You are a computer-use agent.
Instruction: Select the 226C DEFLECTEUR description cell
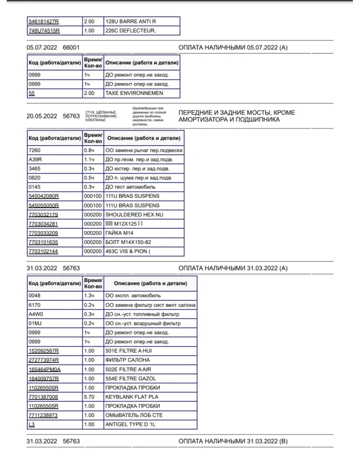click(130, 30)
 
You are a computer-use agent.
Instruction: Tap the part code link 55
click(32, 93)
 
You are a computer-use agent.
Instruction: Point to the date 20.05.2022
click(42, 116)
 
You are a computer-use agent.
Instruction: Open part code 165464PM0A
click(44, 369)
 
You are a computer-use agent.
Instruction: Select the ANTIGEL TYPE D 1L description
click(131, 424)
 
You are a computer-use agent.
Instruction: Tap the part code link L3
click(31, 424)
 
